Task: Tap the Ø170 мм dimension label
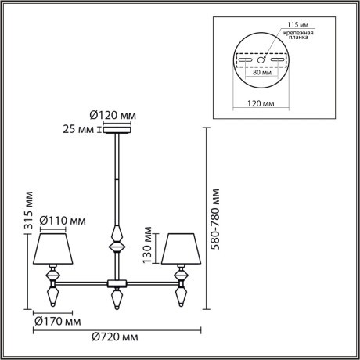[59, 320]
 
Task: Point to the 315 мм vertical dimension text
[29, 206]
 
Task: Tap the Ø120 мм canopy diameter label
[113, 115]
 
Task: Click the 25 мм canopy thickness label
[81, 130]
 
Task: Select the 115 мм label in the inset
[298, 25]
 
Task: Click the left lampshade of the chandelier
[52, 248]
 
